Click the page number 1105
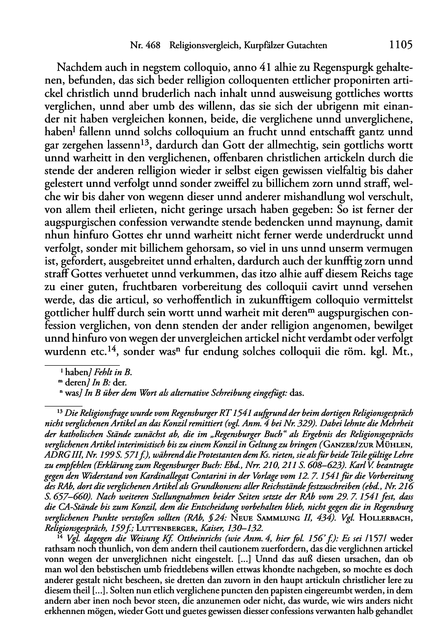click(400, 45)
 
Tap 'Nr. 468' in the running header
click(145, 46)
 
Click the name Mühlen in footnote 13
click(397, 448)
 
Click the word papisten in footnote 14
click(290, 584)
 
